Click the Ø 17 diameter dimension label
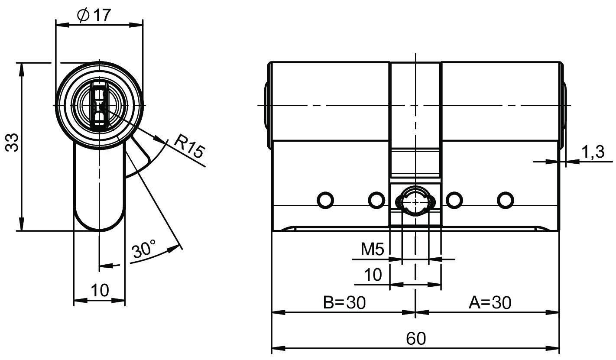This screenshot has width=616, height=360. (94, 15)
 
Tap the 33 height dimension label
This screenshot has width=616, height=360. (12, 142)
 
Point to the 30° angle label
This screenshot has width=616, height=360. (143, 249)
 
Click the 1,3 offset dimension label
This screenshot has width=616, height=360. (593, 152)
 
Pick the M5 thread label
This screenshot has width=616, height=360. (372, 250)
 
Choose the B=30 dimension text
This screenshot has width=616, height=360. (344, 302)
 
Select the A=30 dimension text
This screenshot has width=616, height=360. (490, 302)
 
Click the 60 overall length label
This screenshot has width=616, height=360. (416, 338)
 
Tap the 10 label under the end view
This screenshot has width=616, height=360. (100, 290)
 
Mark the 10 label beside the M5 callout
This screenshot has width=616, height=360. (373, 275)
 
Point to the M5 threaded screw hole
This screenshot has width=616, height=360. (415, 202)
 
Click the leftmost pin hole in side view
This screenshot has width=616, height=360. (325, 200)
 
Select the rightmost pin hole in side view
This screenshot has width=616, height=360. (506, 200)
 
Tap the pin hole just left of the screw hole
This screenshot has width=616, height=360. (376, 200)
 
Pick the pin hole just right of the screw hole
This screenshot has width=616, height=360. (454, 200)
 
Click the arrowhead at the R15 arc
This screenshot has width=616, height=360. (159, 139)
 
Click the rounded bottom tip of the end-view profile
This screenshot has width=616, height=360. (99, 230)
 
